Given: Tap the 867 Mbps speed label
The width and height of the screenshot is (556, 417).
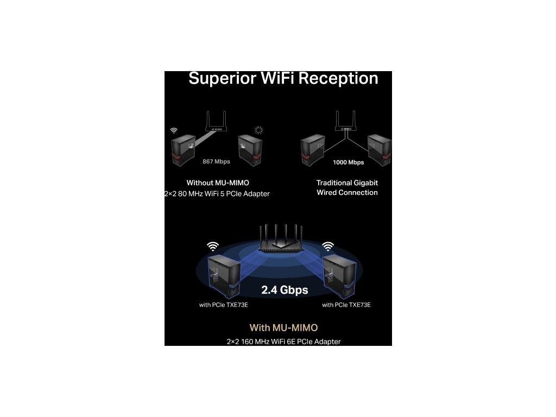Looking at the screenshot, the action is (x=216, y=161).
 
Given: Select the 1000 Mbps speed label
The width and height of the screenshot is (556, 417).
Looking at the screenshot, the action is (x=348, y=162).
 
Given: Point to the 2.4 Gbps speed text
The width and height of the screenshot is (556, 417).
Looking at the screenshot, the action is (x=285, y=290).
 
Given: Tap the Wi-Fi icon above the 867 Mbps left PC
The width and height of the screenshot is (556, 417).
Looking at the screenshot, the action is (x=174, y=131).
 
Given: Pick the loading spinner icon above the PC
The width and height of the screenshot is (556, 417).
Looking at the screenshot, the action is (x=259, y=130).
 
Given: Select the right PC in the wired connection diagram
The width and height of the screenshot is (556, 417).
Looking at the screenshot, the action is (x=379, y=150).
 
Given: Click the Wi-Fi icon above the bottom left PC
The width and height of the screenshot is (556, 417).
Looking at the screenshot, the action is (x=212, y=247).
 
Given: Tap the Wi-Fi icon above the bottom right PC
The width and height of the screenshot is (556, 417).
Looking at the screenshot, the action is (x=328, y=247).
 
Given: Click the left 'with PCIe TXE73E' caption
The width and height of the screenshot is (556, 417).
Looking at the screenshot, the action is (x=224, y=305).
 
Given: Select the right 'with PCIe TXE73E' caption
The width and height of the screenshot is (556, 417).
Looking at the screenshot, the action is (x=346, y=305).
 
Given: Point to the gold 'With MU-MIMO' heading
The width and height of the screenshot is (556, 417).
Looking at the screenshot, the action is (x=283, y=328).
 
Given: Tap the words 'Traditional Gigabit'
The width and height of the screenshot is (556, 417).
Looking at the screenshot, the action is (x=347, y=183).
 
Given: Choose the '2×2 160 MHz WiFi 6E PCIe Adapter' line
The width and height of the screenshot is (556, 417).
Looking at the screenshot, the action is (x=283, y=342).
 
